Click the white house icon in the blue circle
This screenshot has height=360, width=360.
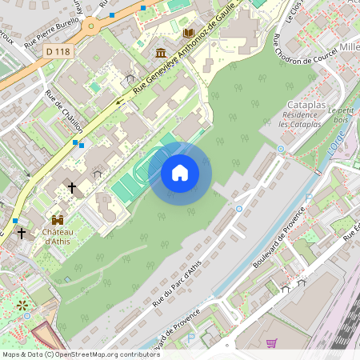pyautogui.click(x=179, y=172)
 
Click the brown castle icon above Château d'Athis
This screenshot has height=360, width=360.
pyautogui.click(x=58, y=218)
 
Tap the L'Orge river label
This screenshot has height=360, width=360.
pyautogui.click(x=336, y=144)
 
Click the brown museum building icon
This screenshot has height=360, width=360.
pyautogui.click(x=161, y=54)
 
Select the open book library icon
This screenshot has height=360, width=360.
pyautogui.click(x=189, y=34)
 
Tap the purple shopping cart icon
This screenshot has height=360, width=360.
pyautogui.click(x=271, y=342)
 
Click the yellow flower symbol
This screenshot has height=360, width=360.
pyautogui.click(x=22, y=304)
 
